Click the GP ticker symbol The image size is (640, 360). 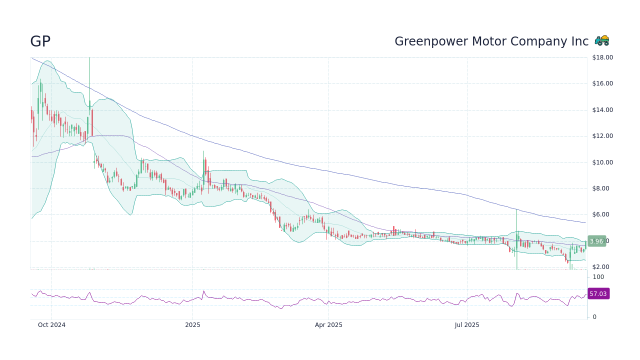(40, 41)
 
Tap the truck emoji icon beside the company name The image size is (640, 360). (602, 40)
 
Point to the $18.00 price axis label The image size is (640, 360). (602, 57)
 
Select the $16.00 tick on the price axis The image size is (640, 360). (602, 83)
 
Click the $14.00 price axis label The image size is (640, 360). (602, 110)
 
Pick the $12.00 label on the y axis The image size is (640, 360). (602, 136)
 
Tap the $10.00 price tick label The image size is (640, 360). (602, 162)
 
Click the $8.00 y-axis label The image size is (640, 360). (602, 188)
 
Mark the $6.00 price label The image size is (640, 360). (602, 214)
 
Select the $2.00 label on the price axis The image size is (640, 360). (602, 267)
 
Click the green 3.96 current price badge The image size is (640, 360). (596, 241)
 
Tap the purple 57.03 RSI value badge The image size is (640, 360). (598, 293)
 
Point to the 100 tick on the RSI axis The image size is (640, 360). (598, 277)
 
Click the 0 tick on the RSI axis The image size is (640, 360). (594, 317)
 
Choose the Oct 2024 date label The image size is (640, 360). (51, 325)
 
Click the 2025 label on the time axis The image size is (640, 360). (192, 325)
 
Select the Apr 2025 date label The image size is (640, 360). (328, 325)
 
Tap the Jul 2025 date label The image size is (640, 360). (467, 325)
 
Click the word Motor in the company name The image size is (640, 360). (485, 41)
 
